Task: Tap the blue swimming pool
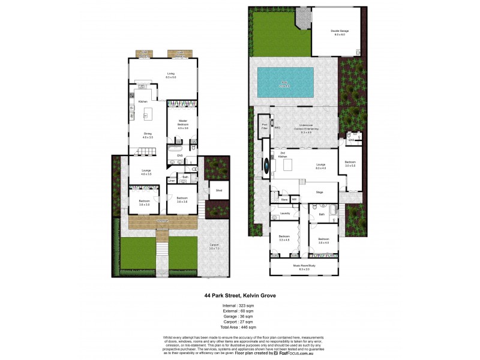coord(285,82)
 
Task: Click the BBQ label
coord(277,127)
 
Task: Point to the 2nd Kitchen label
coord(283,155)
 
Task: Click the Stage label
coord(319,192)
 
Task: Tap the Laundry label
coord(284,212)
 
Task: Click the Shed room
coord(219,190)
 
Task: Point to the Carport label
coord(214,246)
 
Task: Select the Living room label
coord(170,74)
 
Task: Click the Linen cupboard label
coord(172,180)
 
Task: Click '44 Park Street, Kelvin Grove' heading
coord(239,295)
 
